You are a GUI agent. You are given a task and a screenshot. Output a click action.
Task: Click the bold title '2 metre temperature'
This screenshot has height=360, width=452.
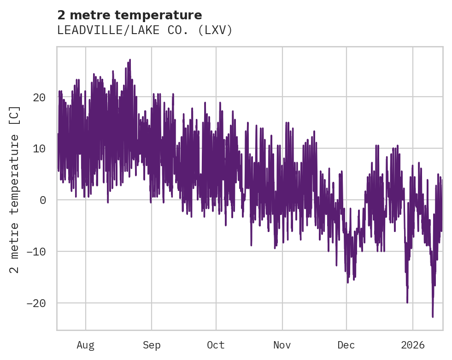click(129, 15)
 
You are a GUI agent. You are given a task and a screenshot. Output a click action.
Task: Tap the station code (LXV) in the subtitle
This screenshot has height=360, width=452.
click(216, 30)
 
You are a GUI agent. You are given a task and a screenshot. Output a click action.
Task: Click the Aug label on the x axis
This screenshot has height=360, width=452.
click(85, 345)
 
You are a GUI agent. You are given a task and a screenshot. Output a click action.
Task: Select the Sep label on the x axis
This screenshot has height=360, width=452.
click(151, 345)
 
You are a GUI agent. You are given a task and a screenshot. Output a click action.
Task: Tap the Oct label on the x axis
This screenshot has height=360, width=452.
click(216, 345)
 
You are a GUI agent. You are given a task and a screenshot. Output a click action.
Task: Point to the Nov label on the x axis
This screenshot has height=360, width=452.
click(282, 345)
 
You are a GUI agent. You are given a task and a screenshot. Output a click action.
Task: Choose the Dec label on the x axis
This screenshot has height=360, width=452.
click(346, 345)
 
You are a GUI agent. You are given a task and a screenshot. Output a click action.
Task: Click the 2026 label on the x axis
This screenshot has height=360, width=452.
click(413, 345)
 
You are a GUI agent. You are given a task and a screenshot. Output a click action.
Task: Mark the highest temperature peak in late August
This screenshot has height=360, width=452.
click(130, 60)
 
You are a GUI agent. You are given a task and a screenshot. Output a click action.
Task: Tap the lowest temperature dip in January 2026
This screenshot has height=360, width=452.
click(433, 316)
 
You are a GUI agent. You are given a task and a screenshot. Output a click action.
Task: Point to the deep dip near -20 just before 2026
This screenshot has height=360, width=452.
click(407, 302)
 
